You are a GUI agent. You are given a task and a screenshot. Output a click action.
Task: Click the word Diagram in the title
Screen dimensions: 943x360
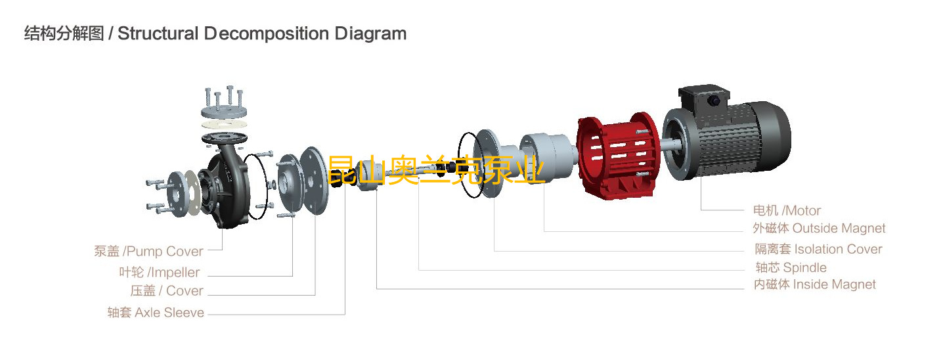coord(370,34)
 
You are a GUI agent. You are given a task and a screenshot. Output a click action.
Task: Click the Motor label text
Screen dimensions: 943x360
coord(787,210)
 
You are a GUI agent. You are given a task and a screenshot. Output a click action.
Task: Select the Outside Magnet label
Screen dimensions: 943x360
coord(819,228)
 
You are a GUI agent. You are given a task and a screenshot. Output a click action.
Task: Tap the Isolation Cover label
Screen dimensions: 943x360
coord(818,249)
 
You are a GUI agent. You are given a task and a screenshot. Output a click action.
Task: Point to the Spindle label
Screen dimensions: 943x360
coord(791,267)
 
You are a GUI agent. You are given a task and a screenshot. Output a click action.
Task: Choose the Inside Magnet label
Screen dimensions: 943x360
coord(814,284)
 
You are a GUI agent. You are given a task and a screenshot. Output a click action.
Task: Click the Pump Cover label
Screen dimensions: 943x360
coord(148,251)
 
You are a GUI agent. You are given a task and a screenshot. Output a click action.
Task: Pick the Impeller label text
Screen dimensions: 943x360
coord(159,272)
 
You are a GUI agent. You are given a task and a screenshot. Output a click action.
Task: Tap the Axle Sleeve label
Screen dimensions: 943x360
coord(156,313)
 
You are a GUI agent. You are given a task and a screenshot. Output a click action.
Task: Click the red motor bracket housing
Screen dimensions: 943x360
coord(617,156)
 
